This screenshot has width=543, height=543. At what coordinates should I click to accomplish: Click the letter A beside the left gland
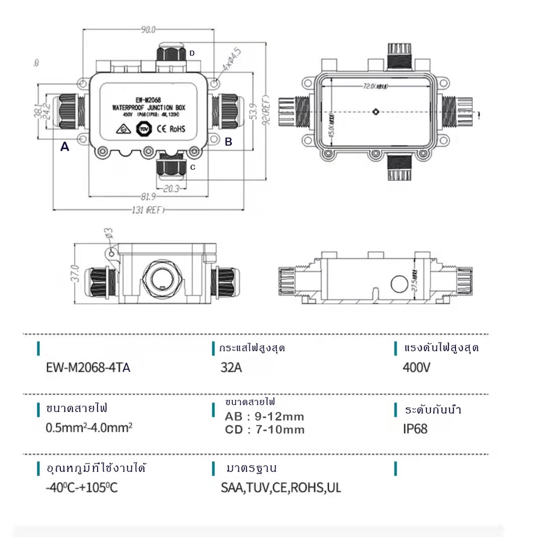[x=65, y=147]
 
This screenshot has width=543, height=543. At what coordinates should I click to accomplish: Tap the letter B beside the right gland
[x=229, y=142]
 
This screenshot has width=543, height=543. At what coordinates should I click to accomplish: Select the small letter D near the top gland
[x=192, y=53]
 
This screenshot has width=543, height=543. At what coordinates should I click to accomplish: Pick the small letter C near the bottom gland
[x=192, y=167]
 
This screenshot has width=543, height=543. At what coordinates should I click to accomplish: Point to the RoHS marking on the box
[x=178, y=129]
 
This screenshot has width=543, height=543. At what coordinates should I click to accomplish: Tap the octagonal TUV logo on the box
[x=143, y=129]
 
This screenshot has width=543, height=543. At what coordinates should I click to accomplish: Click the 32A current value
[x=231, y=367]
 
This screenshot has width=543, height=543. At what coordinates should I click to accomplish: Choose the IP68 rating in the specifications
[x=415, y=428]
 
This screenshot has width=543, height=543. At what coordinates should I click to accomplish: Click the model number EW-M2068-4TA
[x=88, y=367]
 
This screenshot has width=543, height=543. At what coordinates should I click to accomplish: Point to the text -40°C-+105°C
[x=82, y=487]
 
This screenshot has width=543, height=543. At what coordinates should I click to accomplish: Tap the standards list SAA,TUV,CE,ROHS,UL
[x=281, y=487]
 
